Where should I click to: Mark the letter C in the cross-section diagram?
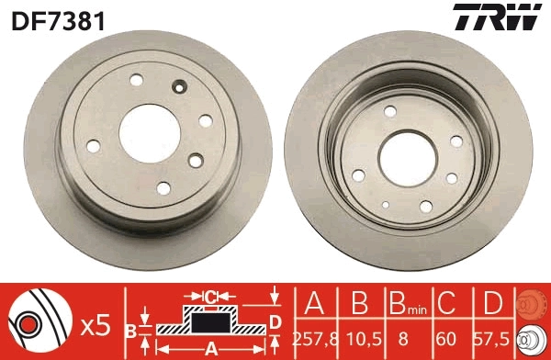click(x=210, y=297)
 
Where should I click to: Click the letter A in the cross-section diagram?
click(x=210, y=348)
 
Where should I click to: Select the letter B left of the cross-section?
click(x=130, y=329)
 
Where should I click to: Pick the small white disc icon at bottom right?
click(x=534, y=340)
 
